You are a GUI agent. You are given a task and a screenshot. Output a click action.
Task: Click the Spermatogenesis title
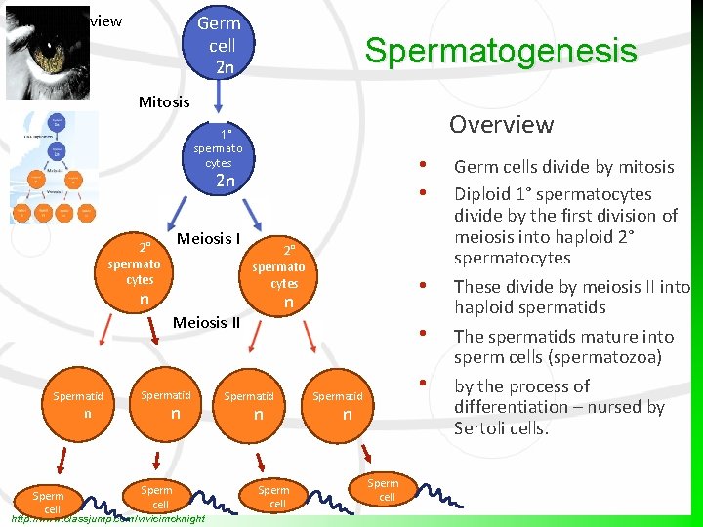pos(500,51)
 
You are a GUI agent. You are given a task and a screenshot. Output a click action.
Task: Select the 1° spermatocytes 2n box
pos(219,157)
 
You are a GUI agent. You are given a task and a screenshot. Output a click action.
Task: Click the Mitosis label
pos(164,101)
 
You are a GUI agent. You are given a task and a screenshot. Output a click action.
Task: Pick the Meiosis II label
pos(206,322)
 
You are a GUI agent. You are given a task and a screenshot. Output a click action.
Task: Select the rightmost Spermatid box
pos(338,405)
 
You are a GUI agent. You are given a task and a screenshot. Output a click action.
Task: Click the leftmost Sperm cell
pos(48,502)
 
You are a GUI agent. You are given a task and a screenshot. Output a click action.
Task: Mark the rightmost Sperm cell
pos(383,490)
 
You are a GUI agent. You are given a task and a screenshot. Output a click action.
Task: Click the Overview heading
pos(501,124)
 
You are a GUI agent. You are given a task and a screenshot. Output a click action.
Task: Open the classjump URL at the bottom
pos(107,518)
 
